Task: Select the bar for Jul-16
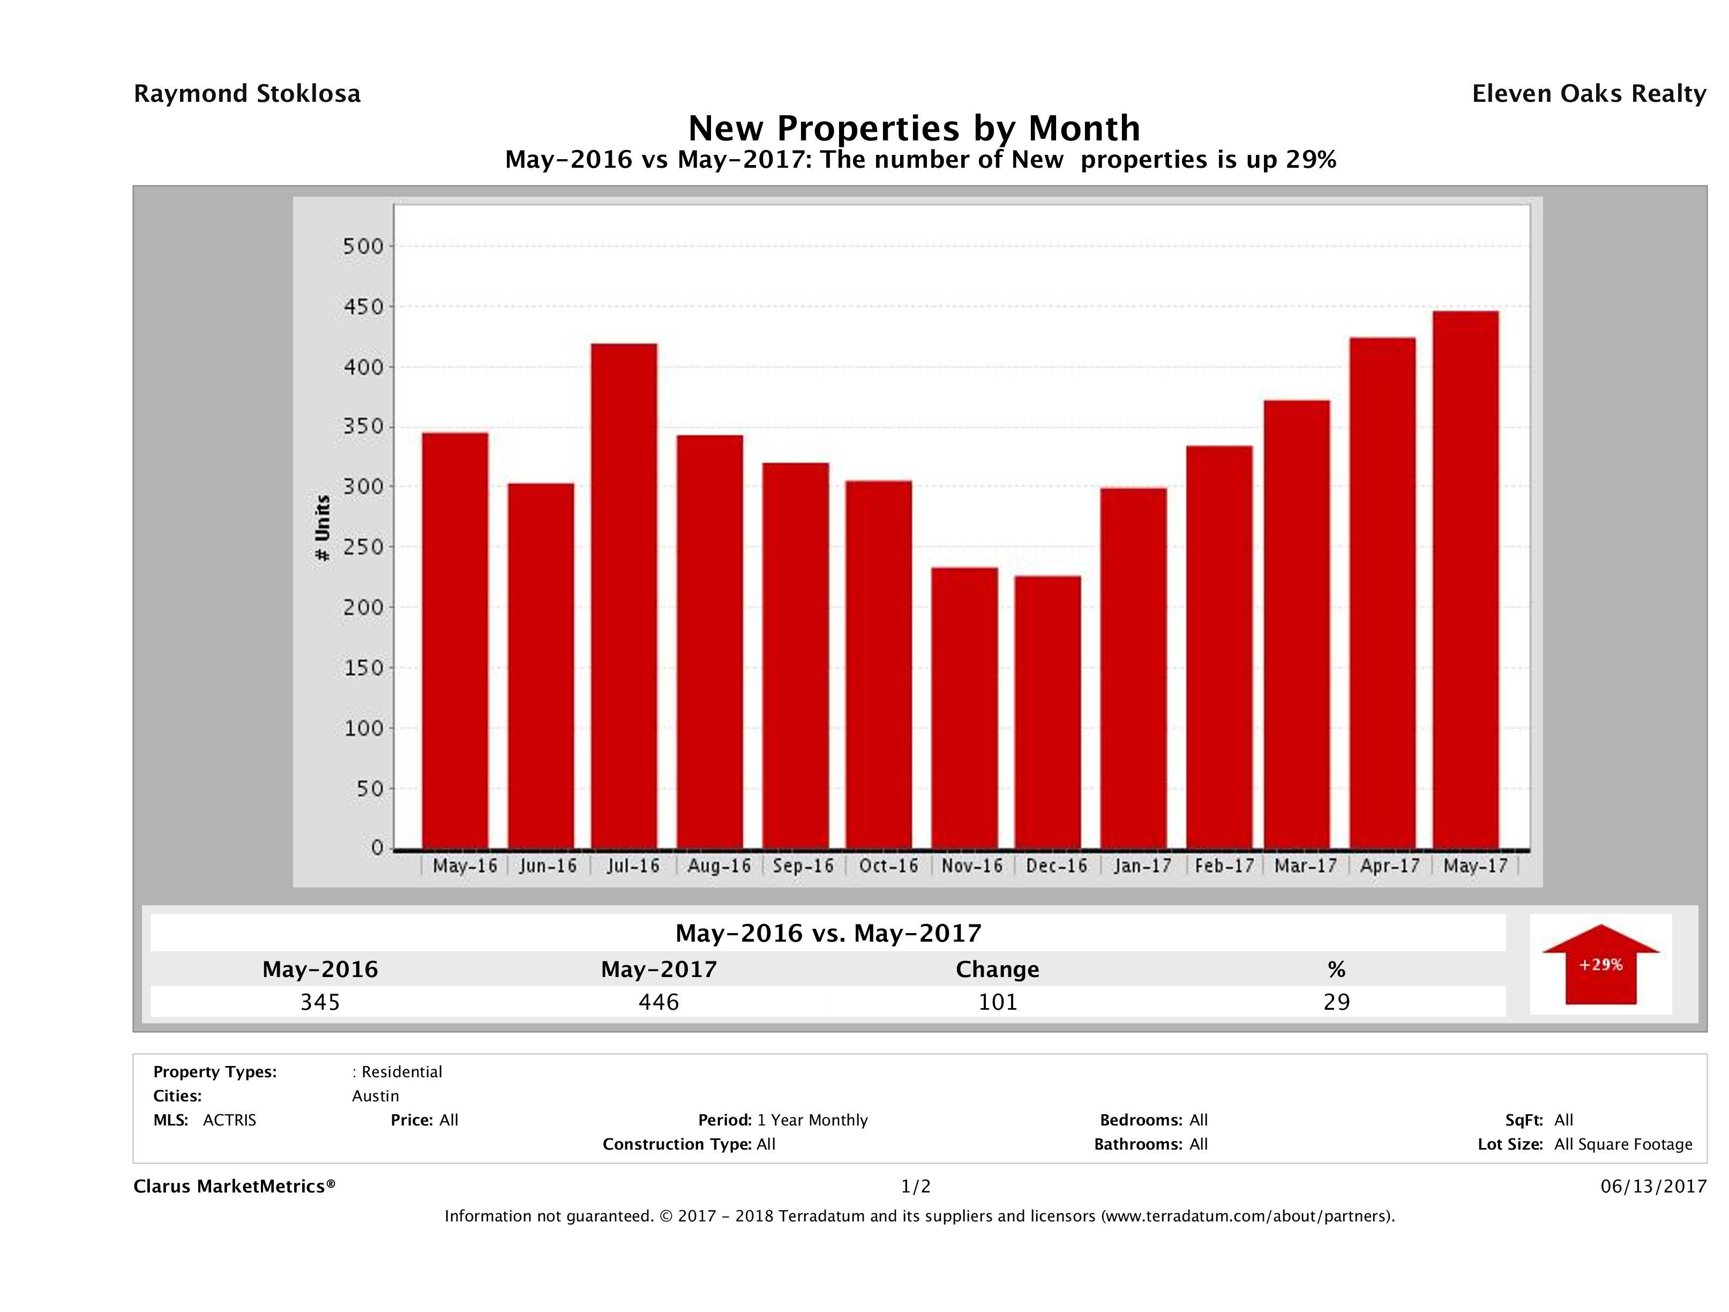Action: click(x=624, y=596)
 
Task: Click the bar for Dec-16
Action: click(x=1047, y=712)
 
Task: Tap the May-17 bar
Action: click(x=1465, y=579)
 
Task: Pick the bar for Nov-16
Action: click(x=964, y=707)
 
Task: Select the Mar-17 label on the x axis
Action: click(x=1305, y=866)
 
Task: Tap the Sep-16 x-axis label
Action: click(x=803, y=866)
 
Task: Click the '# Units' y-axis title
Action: click(x=322, y=528)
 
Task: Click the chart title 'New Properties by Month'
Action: click(x=914, y=128)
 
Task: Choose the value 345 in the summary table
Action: click(x=320, y=1002)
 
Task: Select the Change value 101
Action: click(x=998, y=1002)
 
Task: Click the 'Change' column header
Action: click(x=998, y=970)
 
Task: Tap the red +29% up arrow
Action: click(x=1600, y=964)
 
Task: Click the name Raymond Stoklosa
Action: click(x=247, y=94)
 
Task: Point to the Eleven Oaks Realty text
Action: click(x=1588, y=94)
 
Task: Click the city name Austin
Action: click(x=375, y=1096)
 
